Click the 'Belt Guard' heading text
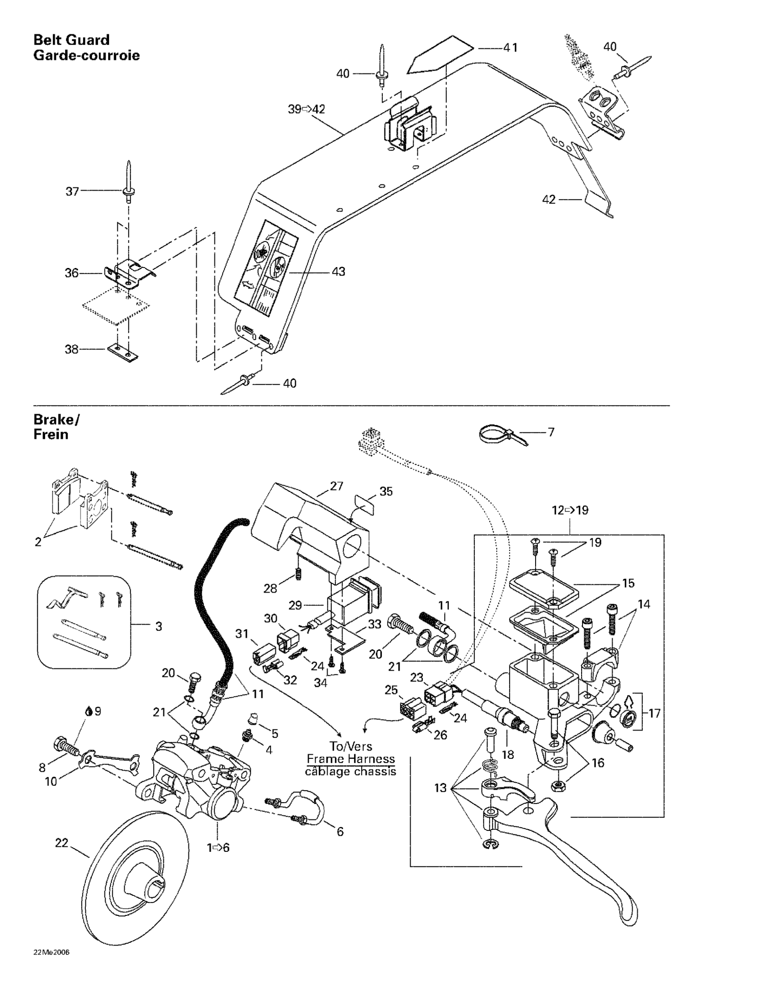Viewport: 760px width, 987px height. tap(72, 40)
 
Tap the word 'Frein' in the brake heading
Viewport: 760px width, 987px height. tap(51, 434)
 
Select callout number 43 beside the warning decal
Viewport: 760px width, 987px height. tap(338, 272)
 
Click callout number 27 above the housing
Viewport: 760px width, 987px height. tap(337, 486)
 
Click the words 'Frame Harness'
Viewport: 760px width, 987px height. tap(350, 759)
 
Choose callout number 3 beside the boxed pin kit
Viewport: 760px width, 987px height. tap(158, 626)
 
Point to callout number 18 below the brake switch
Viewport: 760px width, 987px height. tap(508, 754)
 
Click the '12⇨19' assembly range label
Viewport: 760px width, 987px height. tap(570, 510)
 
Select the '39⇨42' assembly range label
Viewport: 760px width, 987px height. tap(307, 109)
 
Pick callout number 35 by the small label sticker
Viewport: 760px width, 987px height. tap(386, 491)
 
